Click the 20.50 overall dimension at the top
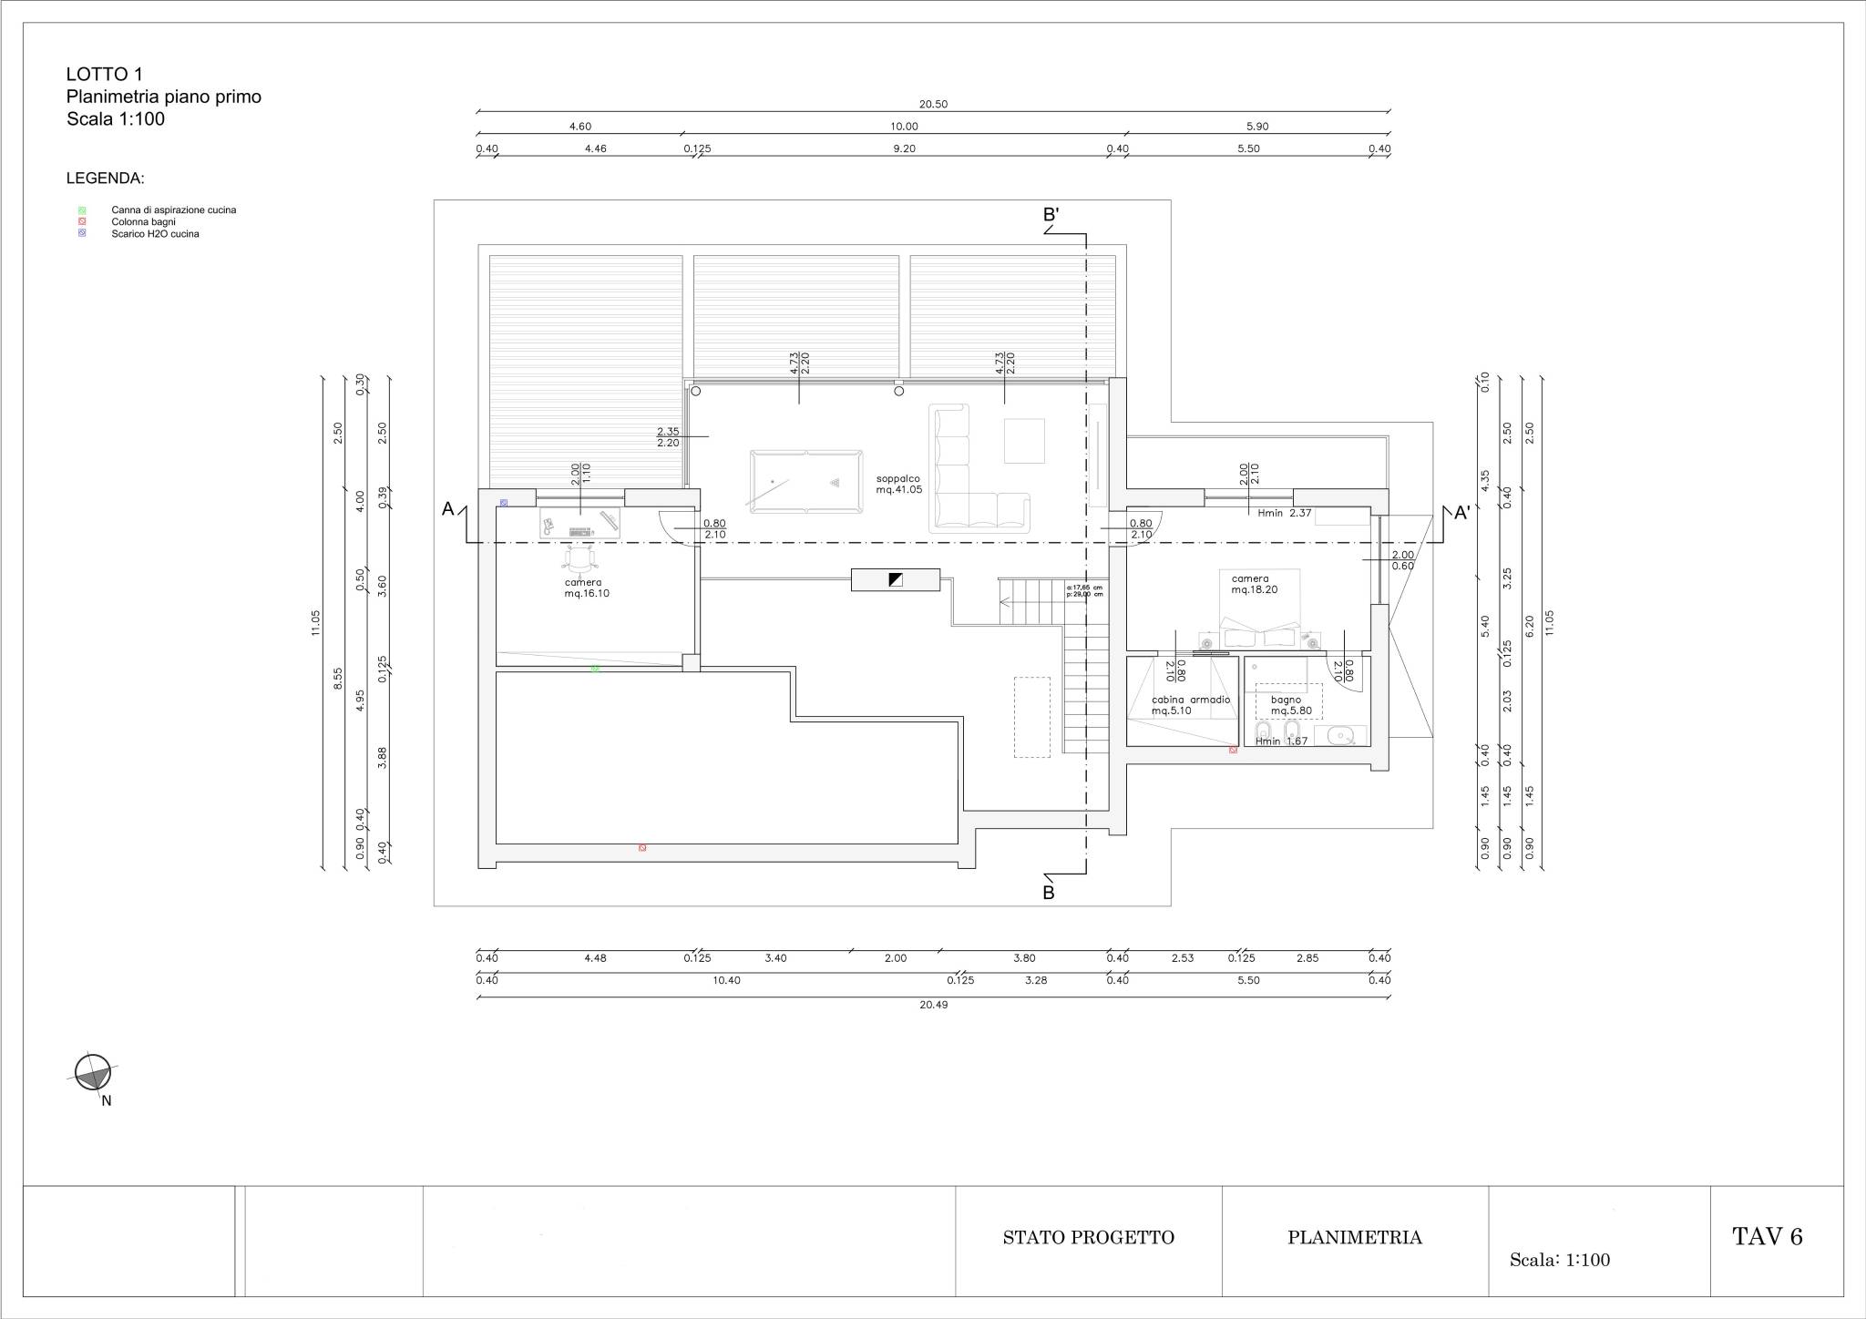click(x=934, y=105)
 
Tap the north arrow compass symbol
click(x=92, y=1072)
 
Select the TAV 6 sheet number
click(x=1767, y=1236)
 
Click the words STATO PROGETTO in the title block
click(x=1088, y=1237)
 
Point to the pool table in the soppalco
click(x=805, y=477)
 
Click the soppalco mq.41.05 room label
click(x=899, y=484)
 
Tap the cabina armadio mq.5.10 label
click(x=1191, y=705)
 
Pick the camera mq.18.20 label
click(x=1254, y=584)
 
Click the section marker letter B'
click(x=1051, y=216)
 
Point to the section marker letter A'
click(x=1461, y=514)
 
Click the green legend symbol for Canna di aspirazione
click(x=82, y=210)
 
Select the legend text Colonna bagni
click(x=143, y=222)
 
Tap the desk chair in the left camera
click(x=580, y=557)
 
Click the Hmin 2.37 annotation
click(x=1284, y=513)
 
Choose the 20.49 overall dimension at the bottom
click(x=934, y=1006)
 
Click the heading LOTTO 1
click(x=104, y=75)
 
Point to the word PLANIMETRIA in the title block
click(x=1354, y=1237)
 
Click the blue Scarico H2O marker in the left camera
click(x=504, y=503)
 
